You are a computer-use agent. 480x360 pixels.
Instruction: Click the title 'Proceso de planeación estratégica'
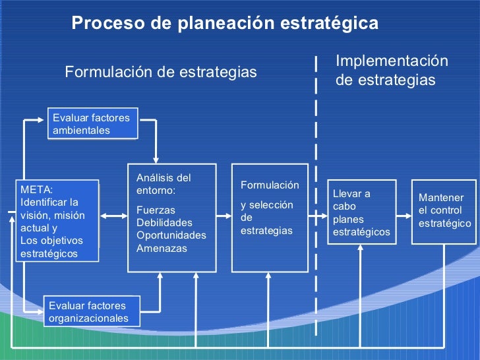(x=225, y=24)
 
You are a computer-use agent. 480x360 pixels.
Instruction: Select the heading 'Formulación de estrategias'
(x=160, y=72)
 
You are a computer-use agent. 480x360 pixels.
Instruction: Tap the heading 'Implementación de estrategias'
(x=392, y=71)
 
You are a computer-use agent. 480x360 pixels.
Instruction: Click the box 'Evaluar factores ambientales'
(x=92, y=124)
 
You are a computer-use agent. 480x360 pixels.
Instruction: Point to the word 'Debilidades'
(x=164, y=222)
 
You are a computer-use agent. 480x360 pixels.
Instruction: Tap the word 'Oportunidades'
(x=171, y=235)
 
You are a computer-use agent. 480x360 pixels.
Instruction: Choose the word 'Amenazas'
(x=162, y=249)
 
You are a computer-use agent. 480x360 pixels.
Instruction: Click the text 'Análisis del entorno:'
(x=163, y=184)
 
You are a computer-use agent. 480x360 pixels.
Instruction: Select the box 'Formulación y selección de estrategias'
(x=270, y=218)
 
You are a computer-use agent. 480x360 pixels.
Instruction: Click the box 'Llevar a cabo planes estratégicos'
(x=361, y=212)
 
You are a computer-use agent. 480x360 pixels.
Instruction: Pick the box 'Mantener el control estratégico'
(x=445, y=211)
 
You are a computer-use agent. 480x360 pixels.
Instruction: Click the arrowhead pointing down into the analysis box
(x=156, y=159)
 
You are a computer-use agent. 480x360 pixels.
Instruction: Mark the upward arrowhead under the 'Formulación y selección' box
(x=269, y=277)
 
